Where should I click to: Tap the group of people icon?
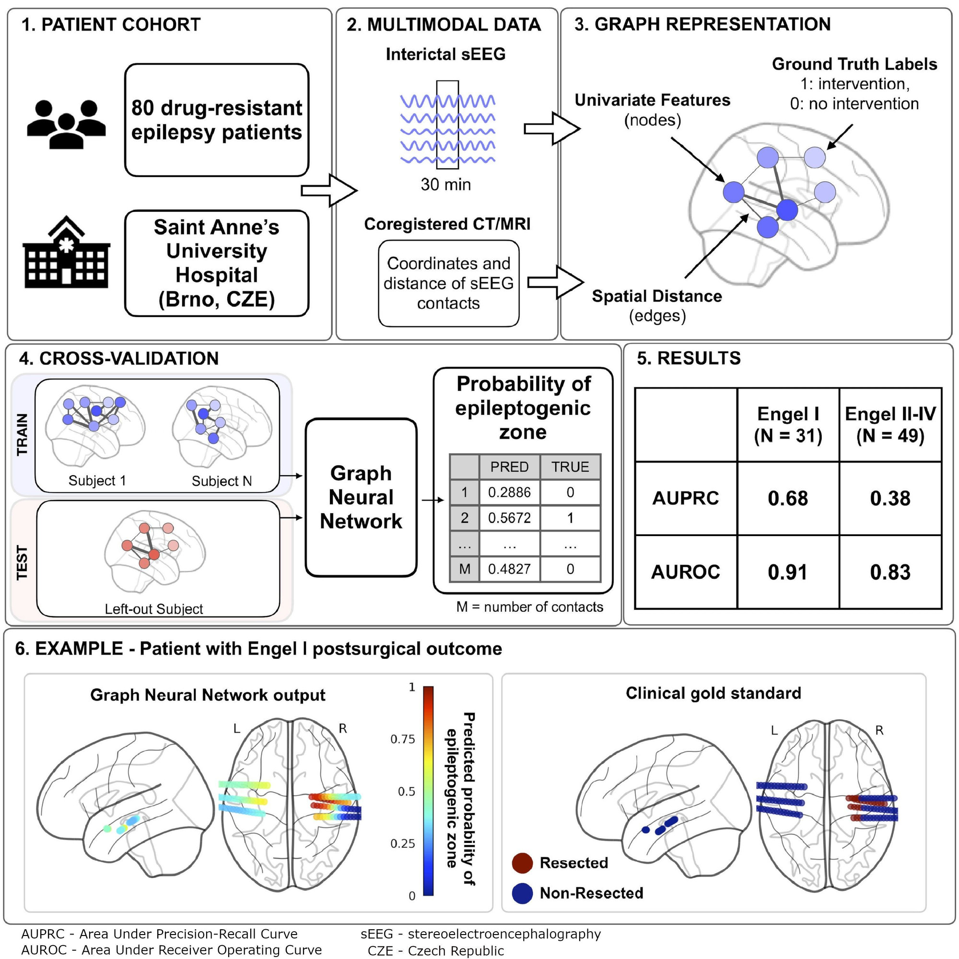pos(67,124)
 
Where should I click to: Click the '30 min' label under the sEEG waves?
pos(445,185)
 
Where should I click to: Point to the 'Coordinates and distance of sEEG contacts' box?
pos(448,283)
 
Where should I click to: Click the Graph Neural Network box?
pos(361,497)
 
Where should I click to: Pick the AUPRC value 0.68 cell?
pos(788,498)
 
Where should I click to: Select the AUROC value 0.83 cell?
pos(890,572)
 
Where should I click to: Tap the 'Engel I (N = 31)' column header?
pos(788,424)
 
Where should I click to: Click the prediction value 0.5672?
pos(509,518)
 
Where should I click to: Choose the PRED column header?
pos(509,467)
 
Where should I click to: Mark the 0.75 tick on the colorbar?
pos(403,739)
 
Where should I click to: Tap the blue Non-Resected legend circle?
pos(522,893)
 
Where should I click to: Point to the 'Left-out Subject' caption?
pos(154,609)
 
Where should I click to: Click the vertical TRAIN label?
pos(23,434)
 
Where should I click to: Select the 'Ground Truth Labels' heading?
pos(854,64)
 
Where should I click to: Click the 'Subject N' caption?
pos(222,481)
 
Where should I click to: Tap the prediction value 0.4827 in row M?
pos(509,569)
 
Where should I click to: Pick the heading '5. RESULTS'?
pos(689,358)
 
